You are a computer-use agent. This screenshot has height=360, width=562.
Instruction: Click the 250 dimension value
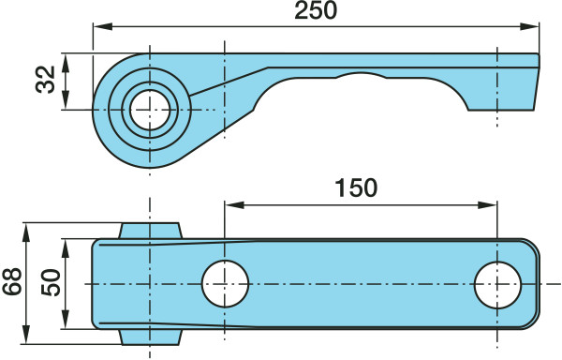pos(316,10)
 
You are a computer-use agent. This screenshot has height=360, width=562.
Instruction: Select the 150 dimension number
pos(356,187)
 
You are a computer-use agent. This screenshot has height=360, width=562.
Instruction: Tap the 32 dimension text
pos(46,80)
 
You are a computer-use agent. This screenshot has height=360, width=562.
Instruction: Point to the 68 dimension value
pos(12,281)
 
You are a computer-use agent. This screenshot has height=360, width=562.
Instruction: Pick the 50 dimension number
pos(51,282)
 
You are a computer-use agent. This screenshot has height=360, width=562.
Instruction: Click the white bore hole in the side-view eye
pos(150,110)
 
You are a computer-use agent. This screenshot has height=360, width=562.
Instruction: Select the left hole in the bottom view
pos(225,284)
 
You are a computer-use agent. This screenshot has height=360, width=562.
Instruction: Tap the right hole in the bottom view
pos(497,285)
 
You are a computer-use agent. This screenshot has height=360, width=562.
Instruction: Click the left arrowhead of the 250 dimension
pos(103,26)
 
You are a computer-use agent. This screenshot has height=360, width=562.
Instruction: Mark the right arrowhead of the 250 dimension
pos(529,26)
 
